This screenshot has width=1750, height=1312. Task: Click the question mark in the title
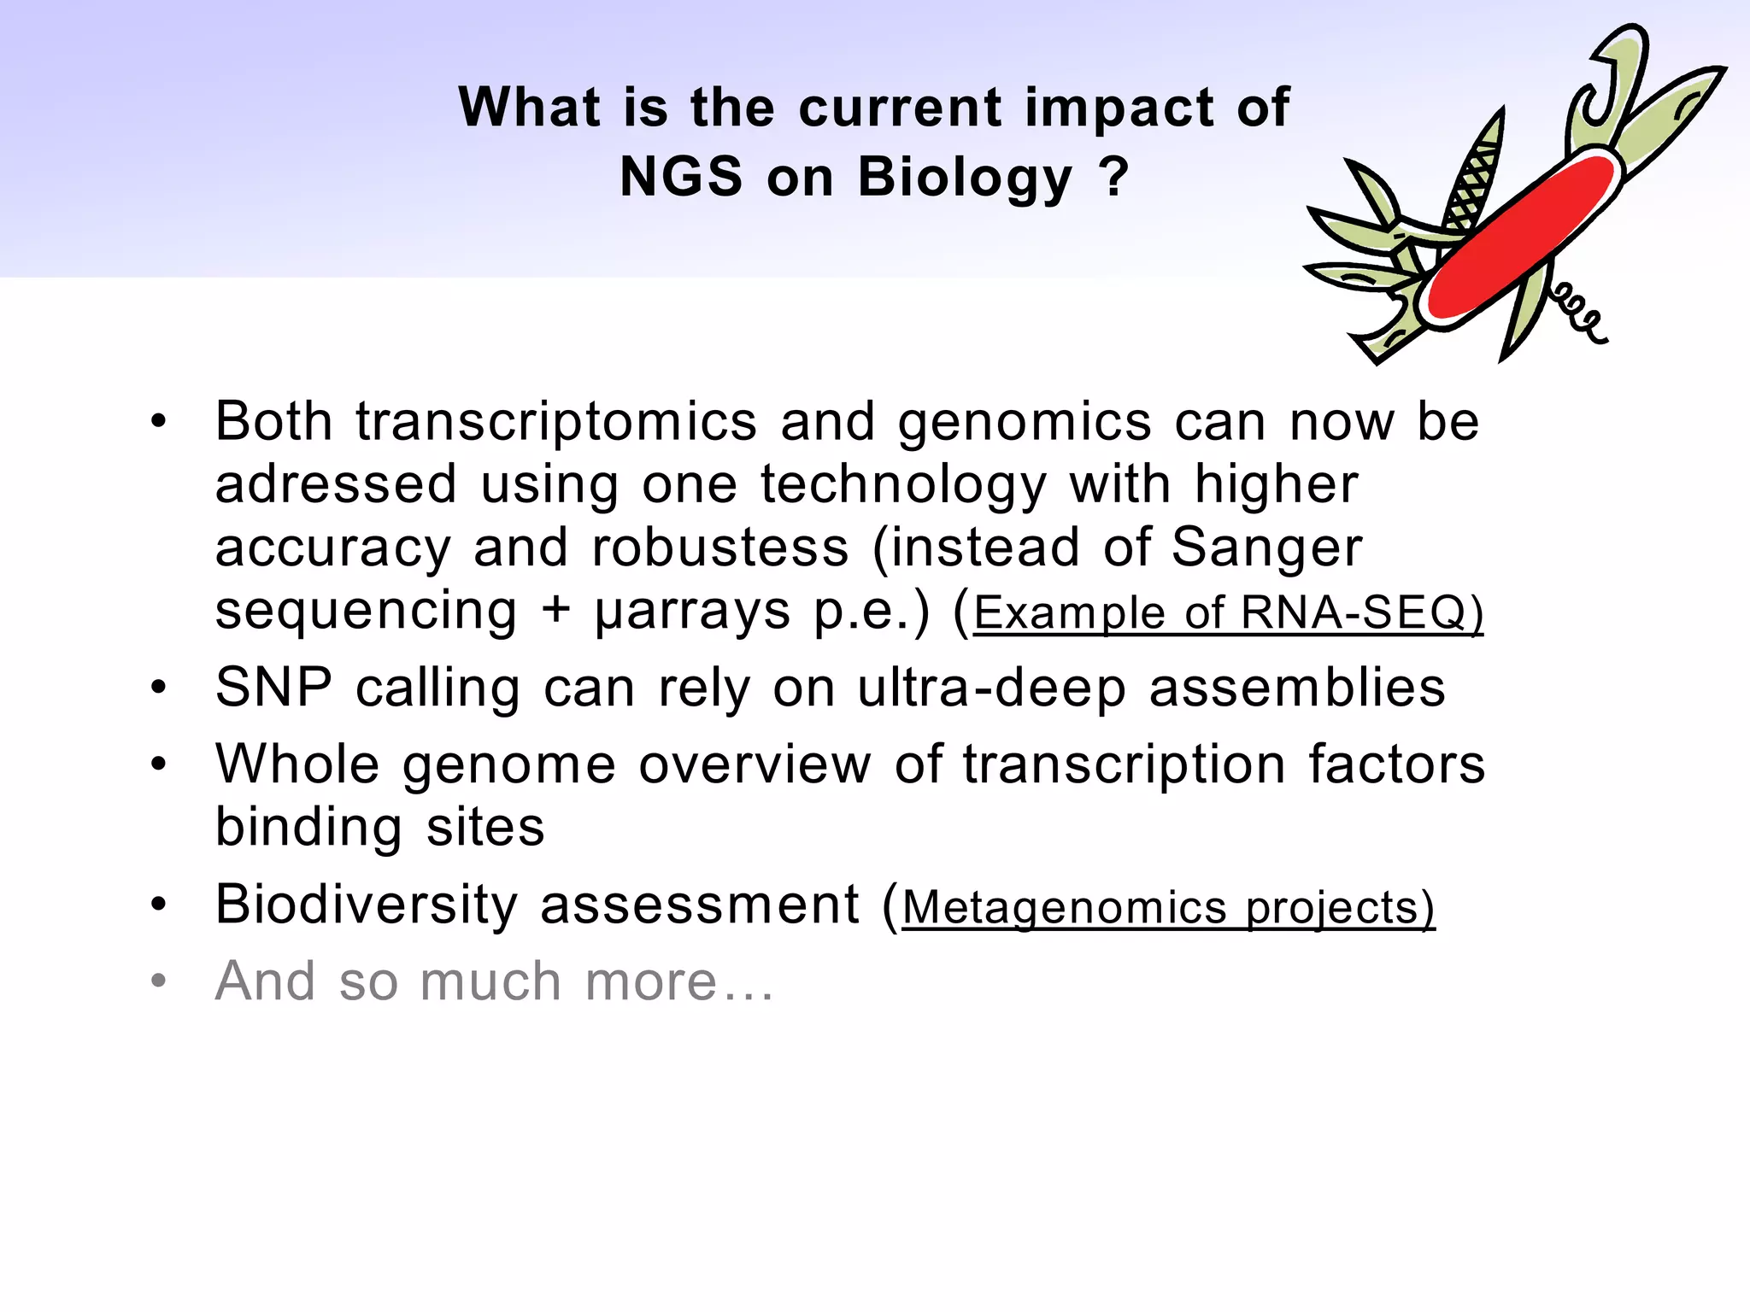1113,177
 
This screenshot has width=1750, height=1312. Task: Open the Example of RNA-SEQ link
1228,613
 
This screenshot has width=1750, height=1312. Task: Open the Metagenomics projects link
1168,907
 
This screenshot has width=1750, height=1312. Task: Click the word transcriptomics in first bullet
556,422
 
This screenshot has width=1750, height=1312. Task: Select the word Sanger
1266,548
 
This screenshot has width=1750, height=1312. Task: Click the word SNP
273,688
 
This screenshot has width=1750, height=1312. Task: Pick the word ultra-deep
992,688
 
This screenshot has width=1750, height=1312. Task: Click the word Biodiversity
367,905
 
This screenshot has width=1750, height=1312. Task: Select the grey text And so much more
494,981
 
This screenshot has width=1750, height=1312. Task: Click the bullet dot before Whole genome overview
159,764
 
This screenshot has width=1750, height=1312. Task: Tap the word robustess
720,548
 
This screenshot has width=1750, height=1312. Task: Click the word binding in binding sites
308,828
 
